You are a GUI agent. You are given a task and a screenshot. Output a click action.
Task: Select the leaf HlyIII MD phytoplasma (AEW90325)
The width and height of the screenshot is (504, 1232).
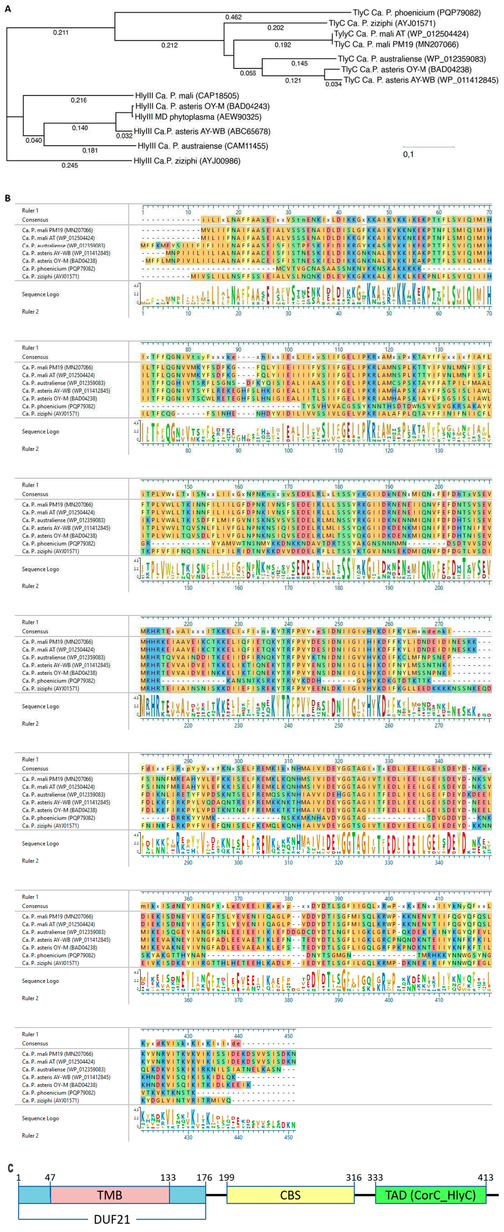(x=198, y=117)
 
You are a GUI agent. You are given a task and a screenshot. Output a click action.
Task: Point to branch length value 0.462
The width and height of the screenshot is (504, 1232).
(x=233, y=17)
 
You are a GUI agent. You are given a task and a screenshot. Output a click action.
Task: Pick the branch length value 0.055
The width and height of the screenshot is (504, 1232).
(x=248, y=73)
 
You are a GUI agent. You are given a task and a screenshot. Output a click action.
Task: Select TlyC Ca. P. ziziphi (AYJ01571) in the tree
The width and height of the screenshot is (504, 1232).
(x=382, y=23)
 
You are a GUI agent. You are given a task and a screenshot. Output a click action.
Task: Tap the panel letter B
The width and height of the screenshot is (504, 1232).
(x=8, y=198)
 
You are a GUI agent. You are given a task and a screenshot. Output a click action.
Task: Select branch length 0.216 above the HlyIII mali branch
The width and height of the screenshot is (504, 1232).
(x=78, y=100)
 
